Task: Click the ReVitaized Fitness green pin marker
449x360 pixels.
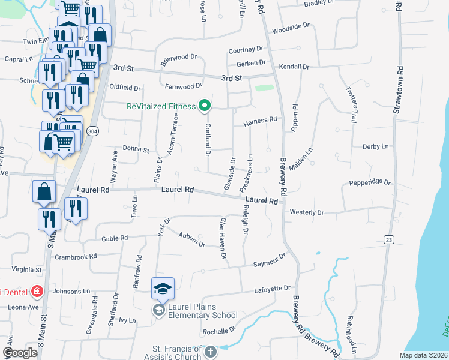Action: point(204,106)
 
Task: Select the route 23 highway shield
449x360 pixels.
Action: point(388,240)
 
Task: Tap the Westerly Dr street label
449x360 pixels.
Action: point(306,212)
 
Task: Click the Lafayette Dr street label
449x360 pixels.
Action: point(273,289)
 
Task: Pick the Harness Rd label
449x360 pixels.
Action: point(260,119)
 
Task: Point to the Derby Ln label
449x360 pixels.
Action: point(376,146)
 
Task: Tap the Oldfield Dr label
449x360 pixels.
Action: point(125,88)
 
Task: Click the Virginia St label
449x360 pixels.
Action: point(26,271)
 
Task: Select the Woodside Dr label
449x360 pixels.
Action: point(291,27)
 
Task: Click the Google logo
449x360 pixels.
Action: point(20,353)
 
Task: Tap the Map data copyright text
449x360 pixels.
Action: point(424,355)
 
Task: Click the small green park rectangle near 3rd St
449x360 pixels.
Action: point(264,88)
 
